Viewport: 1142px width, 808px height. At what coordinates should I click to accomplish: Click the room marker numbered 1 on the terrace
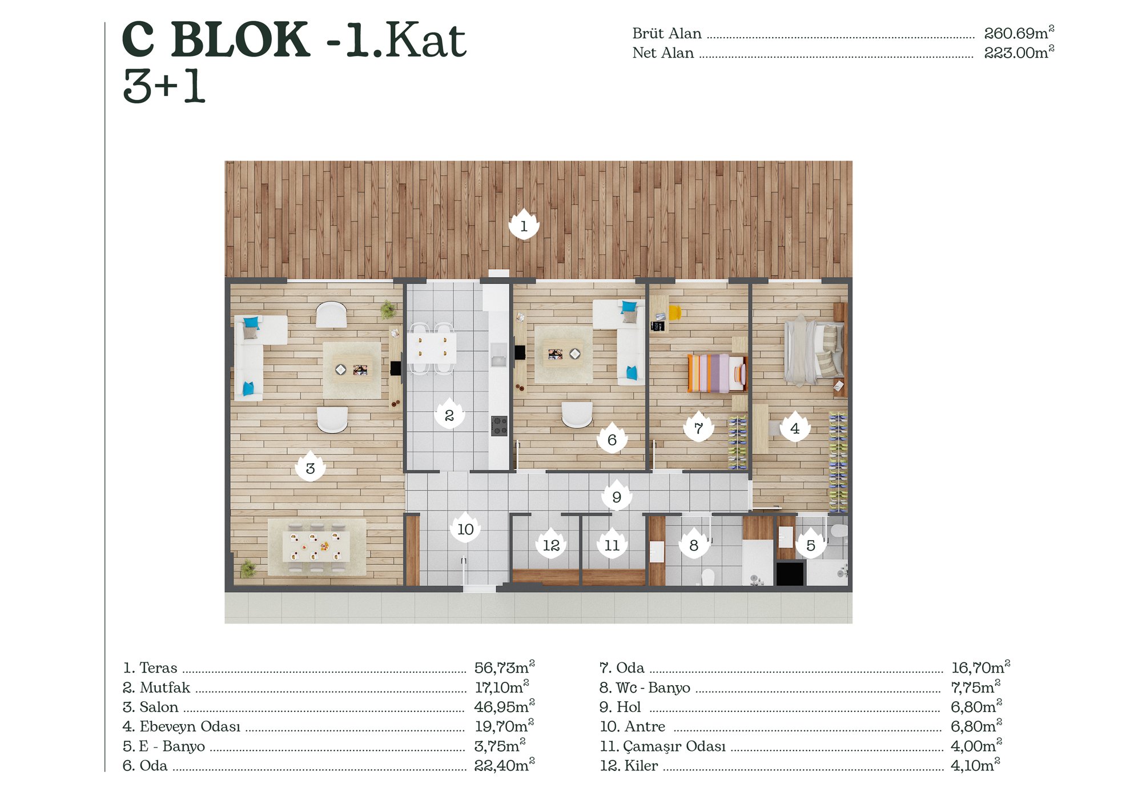[x=524, y=225]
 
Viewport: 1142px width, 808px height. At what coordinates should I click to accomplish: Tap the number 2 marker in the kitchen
[x=449, y=414]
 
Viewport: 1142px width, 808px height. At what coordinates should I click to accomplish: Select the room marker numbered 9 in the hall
[x=617, y=496]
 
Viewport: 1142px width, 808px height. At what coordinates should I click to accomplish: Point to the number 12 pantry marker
[x=551, y=544]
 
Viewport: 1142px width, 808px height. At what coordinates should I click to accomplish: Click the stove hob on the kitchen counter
[x=499, y=425]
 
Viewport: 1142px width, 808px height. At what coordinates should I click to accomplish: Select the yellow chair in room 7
[x=675, y=312]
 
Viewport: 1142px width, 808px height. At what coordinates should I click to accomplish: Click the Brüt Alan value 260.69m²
[x=1019, y=33]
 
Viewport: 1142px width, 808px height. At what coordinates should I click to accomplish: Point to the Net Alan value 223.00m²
[x=1019, y=52]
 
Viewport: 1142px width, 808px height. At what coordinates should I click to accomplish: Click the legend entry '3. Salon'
[x=151, y=707]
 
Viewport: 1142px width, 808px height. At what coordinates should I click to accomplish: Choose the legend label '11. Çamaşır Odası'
[x=663, y=746]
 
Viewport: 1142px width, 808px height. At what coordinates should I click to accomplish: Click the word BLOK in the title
[x=240, y=39]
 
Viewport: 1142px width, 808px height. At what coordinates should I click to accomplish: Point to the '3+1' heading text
[x=164, y=86]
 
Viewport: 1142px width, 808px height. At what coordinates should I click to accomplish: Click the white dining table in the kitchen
[x=432, y=348]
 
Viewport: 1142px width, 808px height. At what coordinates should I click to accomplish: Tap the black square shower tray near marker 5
[x=790, y=573]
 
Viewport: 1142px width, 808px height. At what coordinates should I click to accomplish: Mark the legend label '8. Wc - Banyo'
[x=645, y=688]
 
